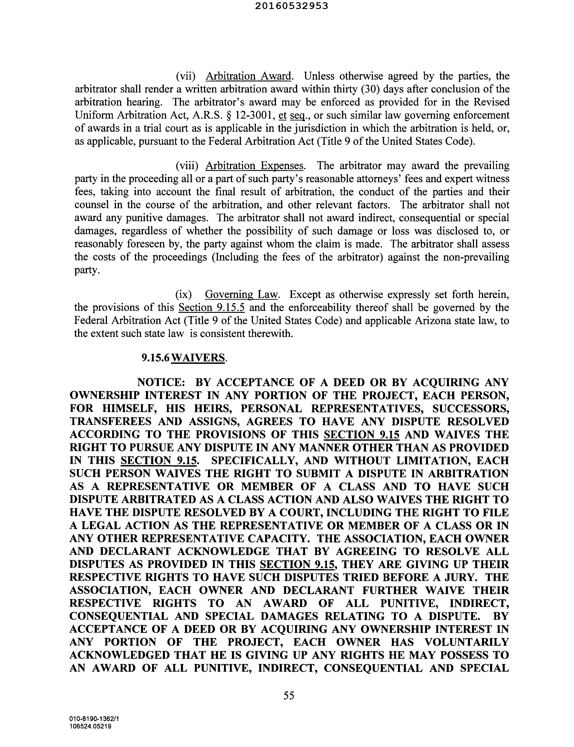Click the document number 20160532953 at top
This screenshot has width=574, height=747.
tap(292, 6)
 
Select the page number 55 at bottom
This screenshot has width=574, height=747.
tap(289, 695)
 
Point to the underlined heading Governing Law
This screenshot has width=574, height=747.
tap(242, 294)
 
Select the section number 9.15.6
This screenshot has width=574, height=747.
tap(156, 358)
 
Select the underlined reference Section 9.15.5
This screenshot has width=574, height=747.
tap(211, 307)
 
